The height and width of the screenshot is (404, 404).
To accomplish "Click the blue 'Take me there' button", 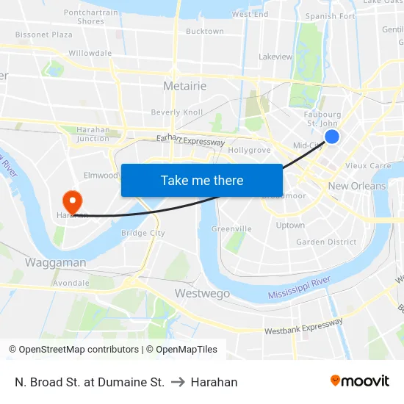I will click(202, 180).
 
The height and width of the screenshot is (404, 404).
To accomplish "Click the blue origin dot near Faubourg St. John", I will click(332, 136).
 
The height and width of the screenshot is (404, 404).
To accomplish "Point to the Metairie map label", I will click(184, 86).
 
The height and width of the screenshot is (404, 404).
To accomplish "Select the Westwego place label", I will click(202, 293).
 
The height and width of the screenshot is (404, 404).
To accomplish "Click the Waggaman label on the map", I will click(56, 262).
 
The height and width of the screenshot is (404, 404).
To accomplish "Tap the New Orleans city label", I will click(357, 186).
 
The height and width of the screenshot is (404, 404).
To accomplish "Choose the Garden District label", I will click(326, 242).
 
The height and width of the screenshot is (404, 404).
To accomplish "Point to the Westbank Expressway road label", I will click(303, 326).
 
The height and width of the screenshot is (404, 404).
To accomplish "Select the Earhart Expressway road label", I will click(190, 140).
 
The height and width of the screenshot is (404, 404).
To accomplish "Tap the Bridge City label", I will click(143, 233).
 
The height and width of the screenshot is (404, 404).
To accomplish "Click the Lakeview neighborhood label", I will click(275, 57).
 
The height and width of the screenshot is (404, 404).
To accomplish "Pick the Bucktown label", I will click(205, 32).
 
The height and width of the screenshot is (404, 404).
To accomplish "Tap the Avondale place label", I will click(71, 282).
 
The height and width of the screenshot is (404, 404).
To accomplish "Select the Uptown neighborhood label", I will click(290, 226).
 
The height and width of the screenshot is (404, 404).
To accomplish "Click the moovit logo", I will click(359, 381).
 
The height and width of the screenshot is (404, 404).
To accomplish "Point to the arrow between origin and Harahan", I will click(177, 382).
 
